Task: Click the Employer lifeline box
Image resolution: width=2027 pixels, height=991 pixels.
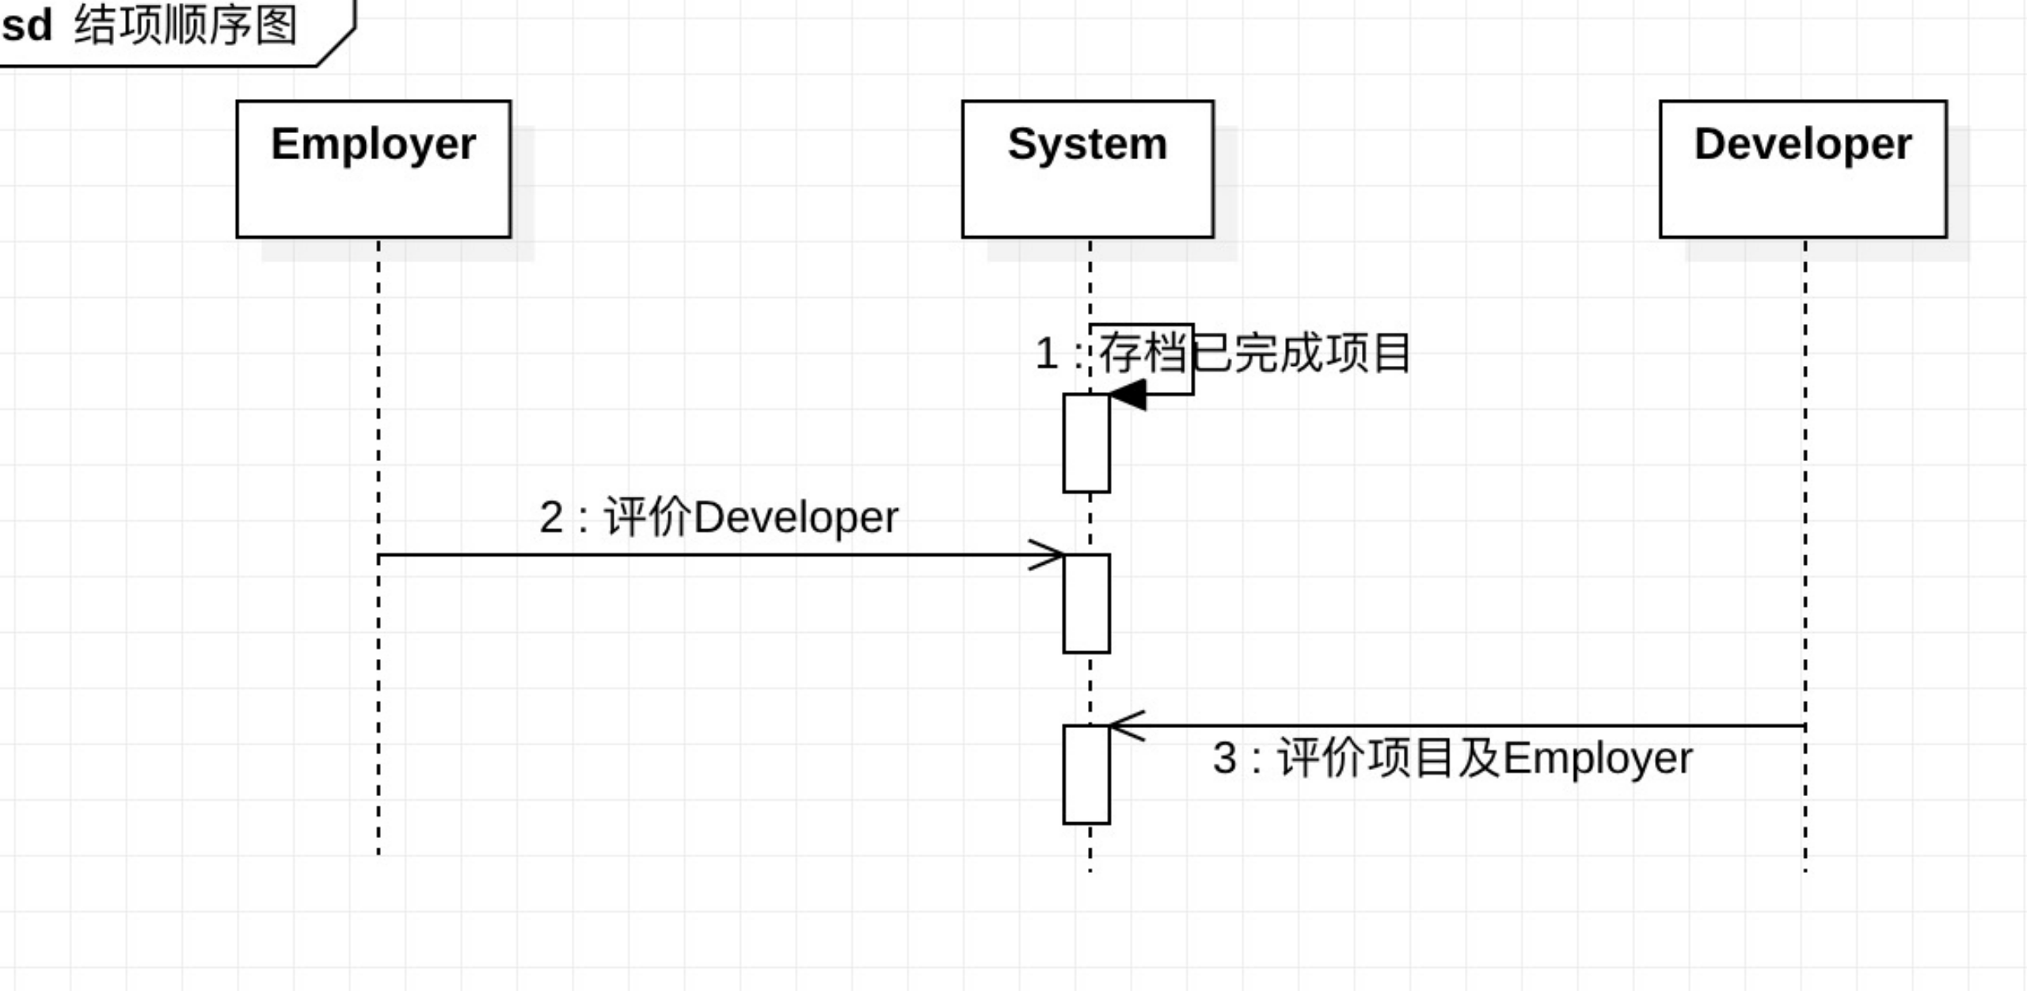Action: point(374,169)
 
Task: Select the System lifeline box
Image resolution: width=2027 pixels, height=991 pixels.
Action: point(1087,169)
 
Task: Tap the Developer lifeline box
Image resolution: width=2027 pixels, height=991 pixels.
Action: point(1803,169)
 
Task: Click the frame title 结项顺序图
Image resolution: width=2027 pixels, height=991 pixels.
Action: point(186,25)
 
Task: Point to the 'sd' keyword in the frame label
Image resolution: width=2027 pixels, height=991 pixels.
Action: point(27,25)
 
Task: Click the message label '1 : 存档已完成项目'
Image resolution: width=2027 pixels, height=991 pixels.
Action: point(1223,353)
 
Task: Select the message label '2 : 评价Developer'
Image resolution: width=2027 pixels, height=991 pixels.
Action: point(719,517)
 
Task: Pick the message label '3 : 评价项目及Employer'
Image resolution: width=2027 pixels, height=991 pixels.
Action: point(1452,758)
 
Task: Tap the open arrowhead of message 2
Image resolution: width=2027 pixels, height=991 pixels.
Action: point(1048,555)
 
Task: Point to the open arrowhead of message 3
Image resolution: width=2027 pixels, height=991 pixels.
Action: point(1126,726)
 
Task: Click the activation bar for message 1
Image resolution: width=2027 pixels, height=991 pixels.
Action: point(1086,443)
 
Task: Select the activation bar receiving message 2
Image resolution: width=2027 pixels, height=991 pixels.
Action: point(1086,604)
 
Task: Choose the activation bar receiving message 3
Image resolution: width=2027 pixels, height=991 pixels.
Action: point(1086,775)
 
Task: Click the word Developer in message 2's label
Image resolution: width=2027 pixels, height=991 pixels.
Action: point(796,517)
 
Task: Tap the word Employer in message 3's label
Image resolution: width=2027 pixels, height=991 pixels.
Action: point(1597,758)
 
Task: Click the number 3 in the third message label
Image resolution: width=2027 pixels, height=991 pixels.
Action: point(1224,758)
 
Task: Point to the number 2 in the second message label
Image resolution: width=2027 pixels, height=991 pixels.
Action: point(551,517)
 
